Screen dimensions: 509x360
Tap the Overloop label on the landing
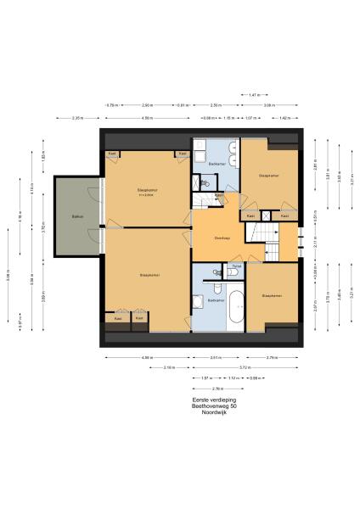223,237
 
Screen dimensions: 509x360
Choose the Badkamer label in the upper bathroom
217,164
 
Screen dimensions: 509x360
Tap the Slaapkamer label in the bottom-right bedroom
273,296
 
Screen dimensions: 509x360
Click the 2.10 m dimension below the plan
169,367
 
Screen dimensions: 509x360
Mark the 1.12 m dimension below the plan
232,378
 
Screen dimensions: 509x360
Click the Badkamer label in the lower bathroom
214,300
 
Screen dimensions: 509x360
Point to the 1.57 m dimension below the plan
205,378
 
